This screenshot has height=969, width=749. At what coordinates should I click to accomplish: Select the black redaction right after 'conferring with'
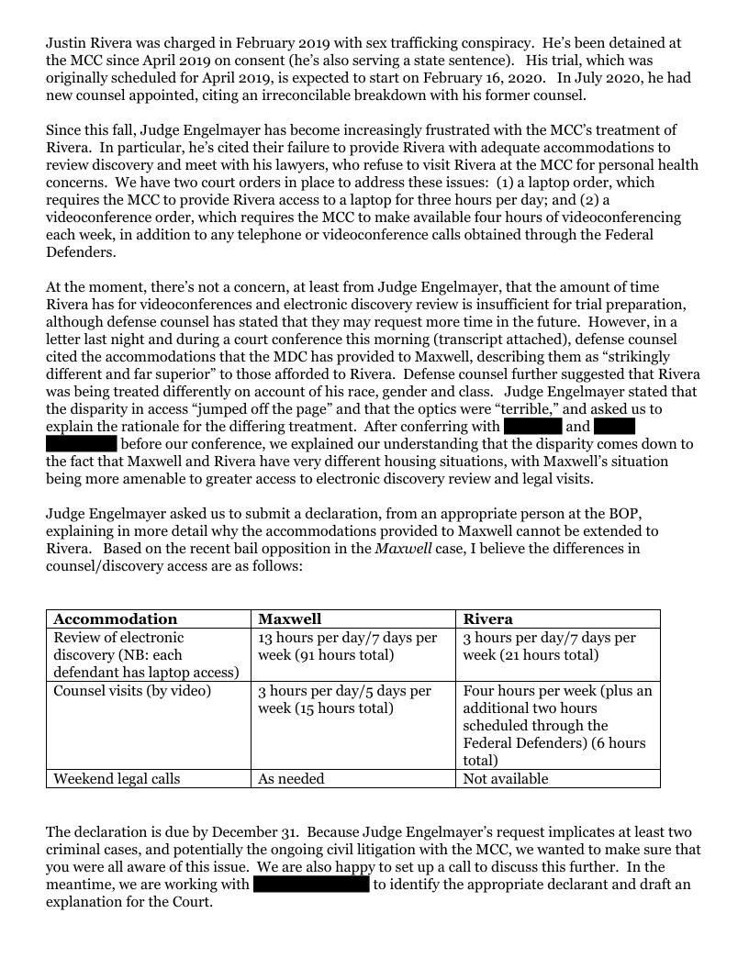[531, 427]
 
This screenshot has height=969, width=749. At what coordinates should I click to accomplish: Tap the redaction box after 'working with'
[310, 885]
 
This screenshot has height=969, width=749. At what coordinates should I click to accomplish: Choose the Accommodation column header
[115, 619]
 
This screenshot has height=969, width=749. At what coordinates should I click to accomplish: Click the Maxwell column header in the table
[289, 619]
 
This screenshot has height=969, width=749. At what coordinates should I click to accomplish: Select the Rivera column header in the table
[488, 619]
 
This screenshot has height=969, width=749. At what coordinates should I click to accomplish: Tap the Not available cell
[506, 779]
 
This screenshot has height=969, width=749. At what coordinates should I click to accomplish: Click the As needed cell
[291, 779]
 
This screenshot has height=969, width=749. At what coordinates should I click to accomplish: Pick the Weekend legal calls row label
[117, 779]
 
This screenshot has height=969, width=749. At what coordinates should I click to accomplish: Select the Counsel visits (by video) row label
[132, 691]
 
